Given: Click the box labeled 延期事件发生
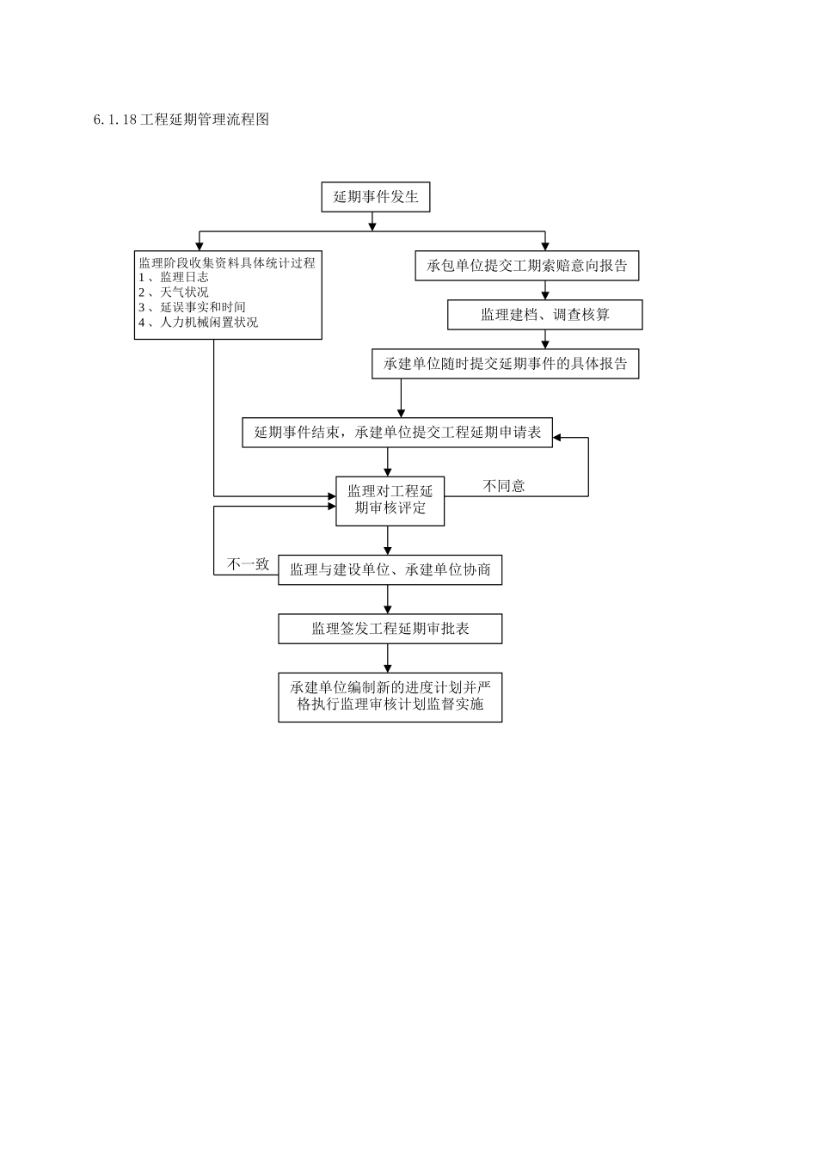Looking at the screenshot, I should [375, 197].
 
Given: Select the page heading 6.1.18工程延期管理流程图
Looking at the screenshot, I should [181, 120].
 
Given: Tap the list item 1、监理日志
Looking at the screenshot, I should [175, 277].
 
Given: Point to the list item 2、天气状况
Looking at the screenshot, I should [175, 292].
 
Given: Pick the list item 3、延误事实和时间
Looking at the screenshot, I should [193, 307].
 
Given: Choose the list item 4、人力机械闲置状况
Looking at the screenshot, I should [199, 323].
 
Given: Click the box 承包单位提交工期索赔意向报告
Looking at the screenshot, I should [527, 266].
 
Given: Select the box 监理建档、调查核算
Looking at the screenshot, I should [544, 315].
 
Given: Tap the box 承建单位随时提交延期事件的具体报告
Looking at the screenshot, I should [505, 364].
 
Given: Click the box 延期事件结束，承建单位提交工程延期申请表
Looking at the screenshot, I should [397, 433].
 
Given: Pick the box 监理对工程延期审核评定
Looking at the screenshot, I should [390, 500].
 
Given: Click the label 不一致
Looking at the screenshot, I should [248, 564].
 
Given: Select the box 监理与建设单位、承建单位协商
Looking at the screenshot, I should [390, 570].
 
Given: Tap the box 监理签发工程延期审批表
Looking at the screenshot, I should [390, 629].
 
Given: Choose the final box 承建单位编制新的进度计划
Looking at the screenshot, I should [390, 697].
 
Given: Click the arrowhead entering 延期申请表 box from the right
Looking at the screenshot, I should [557, 438].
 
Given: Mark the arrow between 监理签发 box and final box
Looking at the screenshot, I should [389, 659].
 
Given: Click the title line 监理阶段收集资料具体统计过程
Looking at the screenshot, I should [227, 262].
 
